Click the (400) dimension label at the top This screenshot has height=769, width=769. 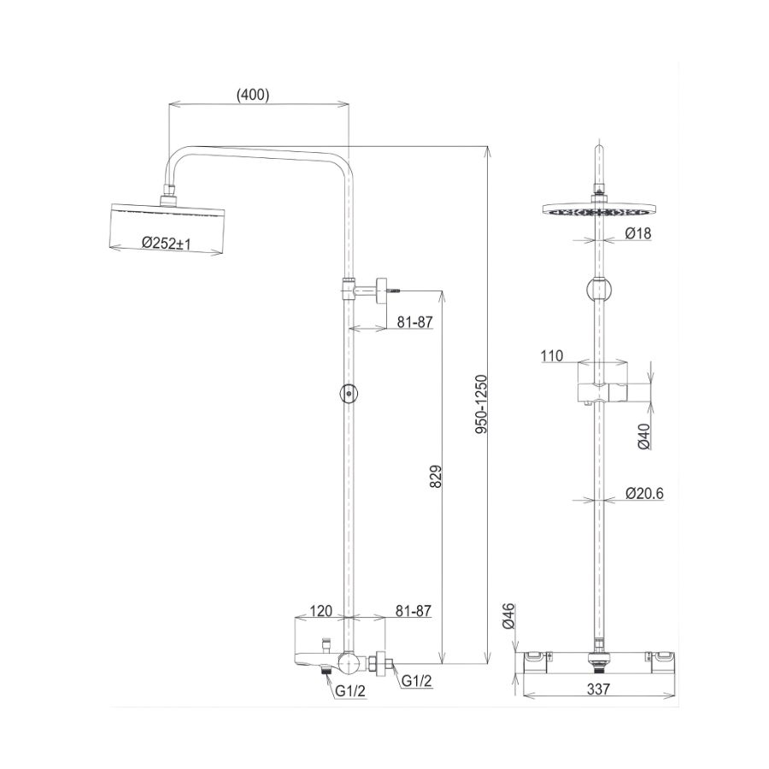(253, 96)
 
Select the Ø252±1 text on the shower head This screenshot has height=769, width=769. (167, 244)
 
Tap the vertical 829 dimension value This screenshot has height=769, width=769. (435, 478)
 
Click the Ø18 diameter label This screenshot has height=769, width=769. (637, 233)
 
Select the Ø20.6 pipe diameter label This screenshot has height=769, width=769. (644, 493)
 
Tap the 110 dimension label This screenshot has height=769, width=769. (552, 356)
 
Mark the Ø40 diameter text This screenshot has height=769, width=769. (644, 437)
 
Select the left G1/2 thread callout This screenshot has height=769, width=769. (350, 691)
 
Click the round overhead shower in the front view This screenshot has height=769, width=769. (602, 210)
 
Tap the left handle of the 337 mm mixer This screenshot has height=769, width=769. (534, 655)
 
